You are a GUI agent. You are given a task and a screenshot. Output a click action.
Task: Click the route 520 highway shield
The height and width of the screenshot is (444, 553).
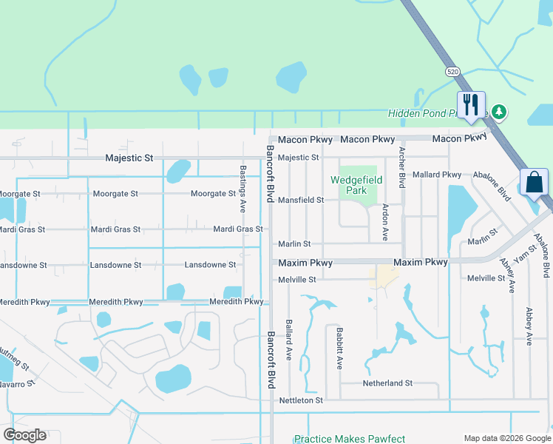(453, 72)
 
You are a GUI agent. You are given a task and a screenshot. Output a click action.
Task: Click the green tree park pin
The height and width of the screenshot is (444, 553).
(500, 112)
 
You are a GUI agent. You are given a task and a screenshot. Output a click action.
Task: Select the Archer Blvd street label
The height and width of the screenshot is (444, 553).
(402, 166)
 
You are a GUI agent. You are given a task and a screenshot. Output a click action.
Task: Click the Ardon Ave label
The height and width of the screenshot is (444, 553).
(385, 223)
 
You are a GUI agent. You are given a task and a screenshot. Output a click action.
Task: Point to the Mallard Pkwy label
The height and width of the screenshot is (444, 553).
(438, 175)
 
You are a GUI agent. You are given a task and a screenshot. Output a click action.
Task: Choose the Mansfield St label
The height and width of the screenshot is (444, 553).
(300, 200)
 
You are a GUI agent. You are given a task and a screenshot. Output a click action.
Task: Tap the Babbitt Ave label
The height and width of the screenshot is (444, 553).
(339, 349)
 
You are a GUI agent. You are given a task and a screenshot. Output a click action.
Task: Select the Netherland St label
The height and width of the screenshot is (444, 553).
(387, 383)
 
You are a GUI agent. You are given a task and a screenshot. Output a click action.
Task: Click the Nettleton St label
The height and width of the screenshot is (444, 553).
(301, 400)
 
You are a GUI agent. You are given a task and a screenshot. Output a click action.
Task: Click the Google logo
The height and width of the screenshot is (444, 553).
(24, 435)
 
